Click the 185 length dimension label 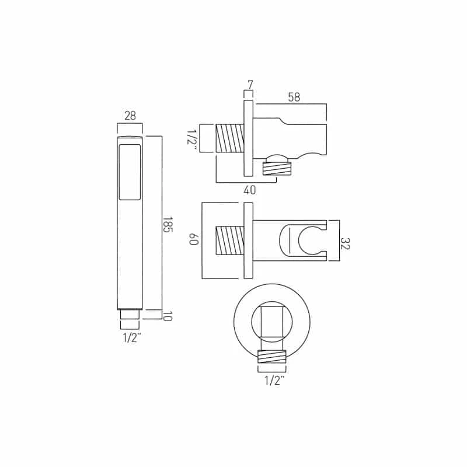pyautogui.click(x=168, y=225)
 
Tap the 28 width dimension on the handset pyautogui.click(x=130, y=116)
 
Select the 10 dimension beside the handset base pyautogui.click(x=168, y=316)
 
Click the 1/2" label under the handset pyautogui.click(x=132, y=338)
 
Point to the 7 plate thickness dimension pyautogui.click(x=250, y=85)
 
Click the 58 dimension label pyautogui.click(x=294, y=97)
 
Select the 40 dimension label pyautogui.click(x=250, y=190)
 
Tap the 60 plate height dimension pyautogui.click(x=194, y=239)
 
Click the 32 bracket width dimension pyautogui.click(x=345, y=243)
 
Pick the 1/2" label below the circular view pyautogui.click(x=274, y=381)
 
